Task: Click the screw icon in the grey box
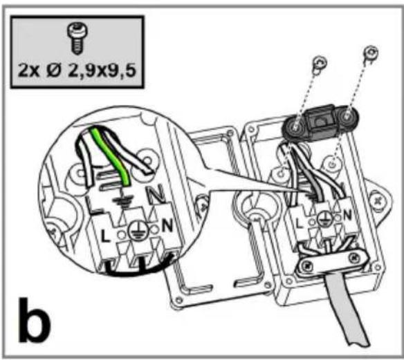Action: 77,39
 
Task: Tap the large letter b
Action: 35,320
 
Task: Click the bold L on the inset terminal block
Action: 105,236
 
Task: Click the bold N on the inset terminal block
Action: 167,225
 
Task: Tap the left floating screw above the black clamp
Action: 320,63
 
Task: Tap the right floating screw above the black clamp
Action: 371,53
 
